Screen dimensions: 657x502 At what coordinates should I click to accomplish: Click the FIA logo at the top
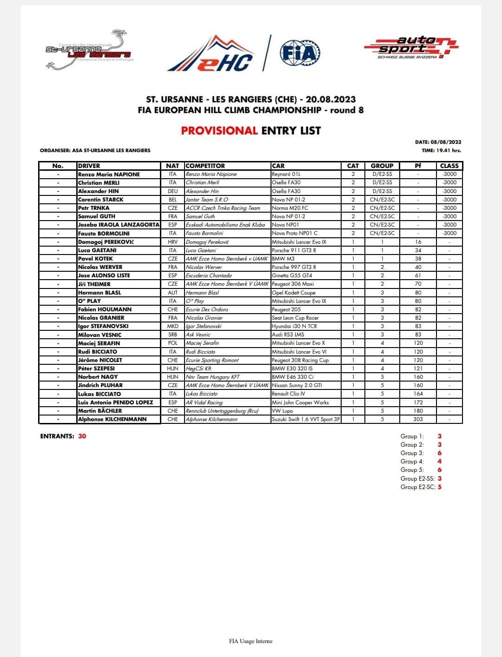coord(300,53)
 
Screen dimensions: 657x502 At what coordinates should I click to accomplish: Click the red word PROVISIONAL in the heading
coord(219,131)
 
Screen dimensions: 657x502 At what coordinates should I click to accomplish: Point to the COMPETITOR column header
coord(205,166)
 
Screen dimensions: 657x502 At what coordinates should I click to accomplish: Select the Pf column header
coord(417,166)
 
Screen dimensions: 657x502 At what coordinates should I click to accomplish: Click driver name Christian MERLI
coord(99,183)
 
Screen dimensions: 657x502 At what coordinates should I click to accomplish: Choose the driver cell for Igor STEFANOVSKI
coord(103,326)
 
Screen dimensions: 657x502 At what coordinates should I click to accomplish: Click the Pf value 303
coord(418,419)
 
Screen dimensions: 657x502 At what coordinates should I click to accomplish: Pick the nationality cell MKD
coord(172,326)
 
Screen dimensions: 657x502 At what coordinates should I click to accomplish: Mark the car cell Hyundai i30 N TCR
coord(295,326)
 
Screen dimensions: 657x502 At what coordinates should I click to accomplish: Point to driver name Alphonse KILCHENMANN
coord(112,419)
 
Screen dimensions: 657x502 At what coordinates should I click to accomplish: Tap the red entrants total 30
coord(82,436)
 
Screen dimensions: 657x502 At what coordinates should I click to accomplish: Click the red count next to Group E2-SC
coord(440,487)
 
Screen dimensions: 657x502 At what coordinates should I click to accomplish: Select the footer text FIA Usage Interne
coord(251,641)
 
